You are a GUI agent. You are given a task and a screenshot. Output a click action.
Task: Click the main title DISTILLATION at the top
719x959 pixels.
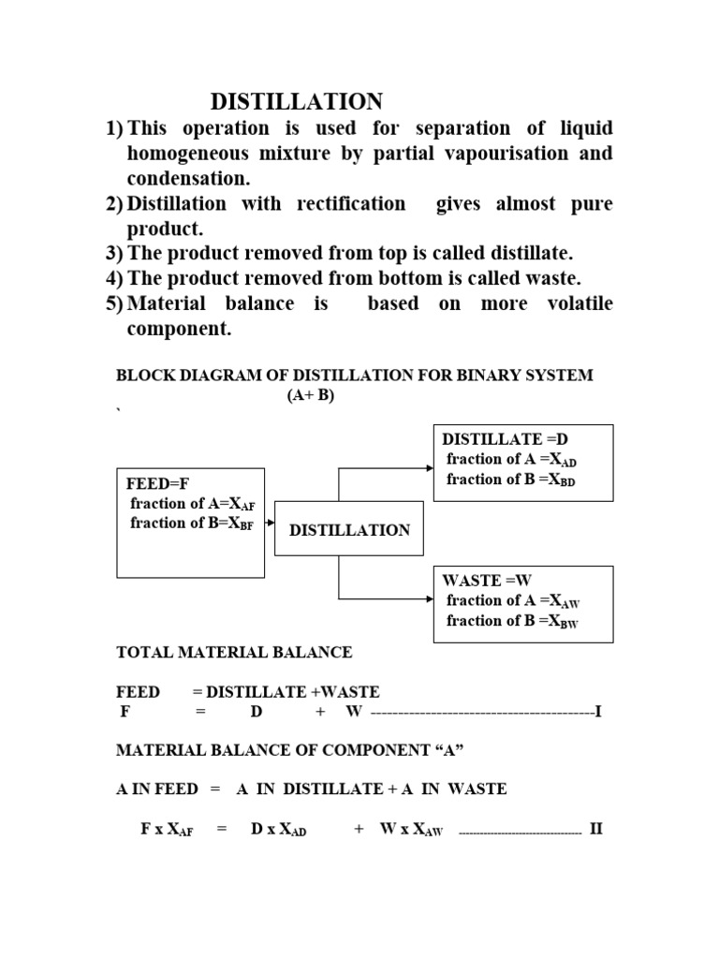click(x=297, y=101)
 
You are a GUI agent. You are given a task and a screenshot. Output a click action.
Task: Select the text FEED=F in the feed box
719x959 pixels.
click(x=157, y=484)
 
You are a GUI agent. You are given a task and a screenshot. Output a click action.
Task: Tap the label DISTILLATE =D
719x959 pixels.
click(x=505, y=439)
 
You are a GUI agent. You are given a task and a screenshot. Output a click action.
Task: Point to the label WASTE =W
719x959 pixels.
click(x=487, y=580)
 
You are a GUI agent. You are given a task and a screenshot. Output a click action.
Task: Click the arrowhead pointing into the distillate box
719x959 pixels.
click(x=430, y=468)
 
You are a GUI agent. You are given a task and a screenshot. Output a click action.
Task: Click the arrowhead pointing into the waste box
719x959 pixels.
click(x=430, y=598)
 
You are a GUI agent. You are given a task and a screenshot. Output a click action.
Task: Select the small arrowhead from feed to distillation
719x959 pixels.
click(x=271, y=524)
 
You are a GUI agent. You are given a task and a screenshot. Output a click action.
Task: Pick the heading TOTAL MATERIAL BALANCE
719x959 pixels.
click(x=234, y=653)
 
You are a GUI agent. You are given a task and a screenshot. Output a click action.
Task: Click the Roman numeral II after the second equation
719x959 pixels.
click(x=596, y=829)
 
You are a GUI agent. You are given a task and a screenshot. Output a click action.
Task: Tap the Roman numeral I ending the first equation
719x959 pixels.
click(x=598, y=712)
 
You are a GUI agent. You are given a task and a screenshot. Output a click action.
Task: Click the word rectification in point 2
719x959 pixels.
click(x=351, y=203)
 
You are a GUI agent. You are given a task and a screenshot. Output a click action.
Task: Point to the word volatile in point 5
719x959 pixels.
click(x=580, y=303)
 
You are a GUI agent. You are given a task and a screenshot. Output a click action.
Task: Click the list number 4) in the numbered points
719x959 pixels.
click(x=114, y=279)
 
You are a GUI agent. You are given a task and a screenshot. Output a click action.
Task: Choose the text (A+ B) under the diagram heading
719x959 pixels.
click(x=311, y=395)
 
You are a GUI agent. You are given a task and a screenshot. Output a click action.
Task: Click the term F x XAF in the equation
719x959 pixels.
click(x=167, y=830)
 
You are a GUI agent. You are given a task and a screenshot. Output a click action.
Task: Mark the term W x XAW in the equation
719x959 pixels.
click(x=411, y=830)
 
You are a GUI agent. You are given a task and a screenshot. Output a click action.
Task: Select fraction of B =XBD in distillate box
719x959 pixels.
click(x=510, y=479)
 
